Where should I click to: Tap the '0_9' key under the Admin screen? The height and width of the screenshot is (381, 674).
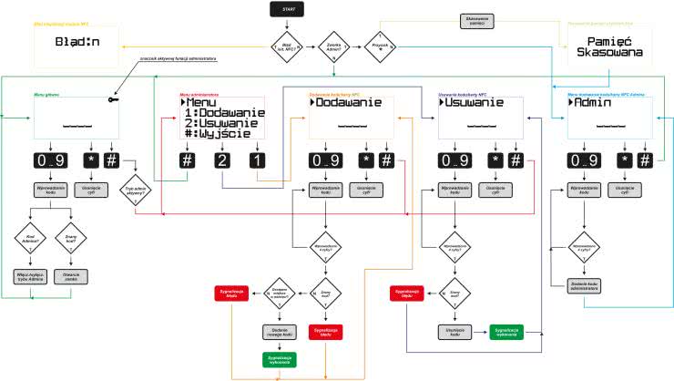tap(584, 160)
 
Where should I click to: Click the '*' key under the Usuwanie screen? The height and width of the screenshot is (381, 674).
tap(495, 160)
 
